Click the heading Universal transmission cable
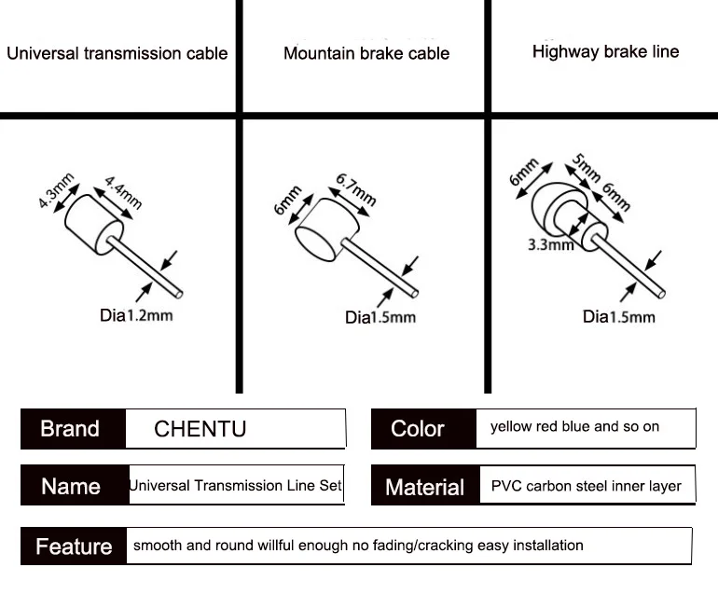pyautogui.click(x=117, y=53)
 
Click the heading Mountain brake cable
pyautogui.click(x=366, y=53)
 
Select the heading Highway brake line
pyautogui.click(x=605, y=51)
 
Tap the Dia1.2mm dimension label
pyautogui.click(x=136, y=314)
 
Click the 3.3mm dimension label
pyautogui.click(x=550, y=245)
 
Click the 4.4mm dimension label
pyautogui.click(x=122, y=191)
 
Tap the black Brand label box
pyautogui.click(x=71, y=429)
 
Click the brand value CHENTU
pyautogui.click(x=200, y=430)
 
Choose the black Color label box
pyautogui.click(x=418, y=429)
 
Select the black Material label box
pyautogui.click(x=424, y=487)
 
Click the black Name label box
pyautogui.click(x=71, y=487)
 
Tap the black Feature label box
pyautogui.click(x=74, y=547)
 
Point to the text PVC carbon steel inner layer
pyautogui.click(x=586, y=486)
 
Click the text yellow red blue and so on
pyautogui.click(x=574, y=426)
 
